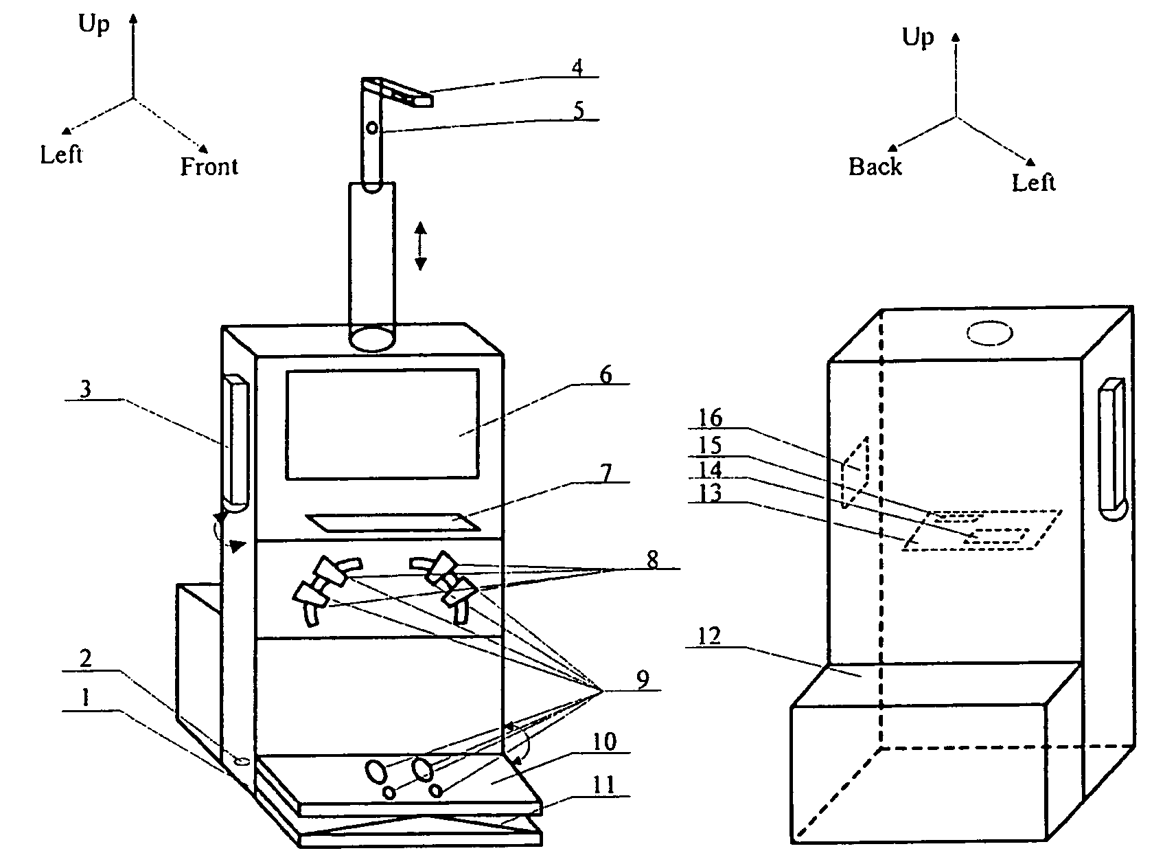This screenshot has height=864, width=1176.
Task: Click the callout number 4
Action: coord(577,67)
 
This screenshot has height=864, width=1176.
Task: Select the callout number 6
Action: coord(605,375)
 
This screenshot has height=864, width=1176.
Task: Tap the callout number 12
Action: coord(709,636)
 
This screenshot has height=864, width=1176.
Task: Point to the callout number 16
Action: coord(711,418)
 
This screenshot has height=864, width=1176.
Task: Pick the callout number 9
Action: coord(643,680)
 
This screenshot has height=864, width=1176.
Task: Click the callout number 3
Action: coord(85,389)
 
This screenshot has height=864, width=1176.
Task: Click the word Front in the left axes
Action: coord(209,166)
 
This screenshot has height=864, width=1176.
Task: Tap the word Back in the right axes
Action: coord(875,166)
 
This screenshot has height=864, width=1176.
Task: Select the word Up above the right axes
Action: coord(917,36)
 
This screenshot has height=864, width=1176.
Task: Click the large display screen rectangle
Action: coord(382,424)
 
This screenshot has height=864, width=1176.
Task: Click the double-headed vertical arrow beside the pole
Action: coord(421,245)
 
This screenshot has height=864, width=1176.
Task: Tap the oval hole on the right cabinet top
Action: coord(989,334)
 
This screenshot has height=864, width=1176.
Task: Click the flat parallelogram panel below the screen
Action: coord(393,522)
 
